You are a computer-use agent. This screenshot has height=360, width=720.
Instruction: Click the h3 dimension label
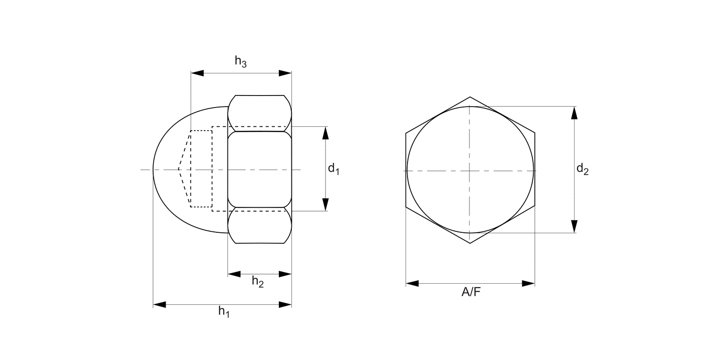click(x=240, y=61)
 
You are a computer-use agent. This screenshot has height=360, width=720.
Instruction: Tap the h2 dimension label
click(x=258, y=282)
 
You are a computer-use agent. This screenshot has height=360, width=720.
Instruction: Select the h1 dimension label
click(x=224, y=312)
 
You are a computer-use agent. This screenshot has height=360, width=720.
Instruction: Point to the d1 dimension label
click(x=334, y=169)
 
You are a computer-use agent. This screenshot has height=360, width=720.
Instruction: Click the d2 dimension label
click(x=582, y=169)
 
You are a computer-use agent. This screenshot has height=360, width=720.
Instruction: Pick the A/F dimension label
click(x=470, y=292)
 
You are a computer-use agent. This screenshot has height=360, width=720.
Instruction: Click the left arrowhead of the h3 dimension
click(x=197, y=73)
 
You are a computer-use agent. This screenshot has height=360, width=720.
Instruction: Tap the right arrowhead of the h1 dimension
click(x=286, y=304)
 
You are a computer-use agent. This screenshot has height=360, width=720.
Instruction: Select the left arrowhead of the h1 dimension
click(x=159, y=304)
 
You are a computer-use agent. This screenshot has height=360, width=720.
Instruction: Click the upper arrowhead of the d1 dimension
click(x=325, y=133)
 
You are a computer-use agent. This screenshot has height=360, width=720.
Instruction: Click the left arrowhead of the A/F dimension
click(x=412, y=284)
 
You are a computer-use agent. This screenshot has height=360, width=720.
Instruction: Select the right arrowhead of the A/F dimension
click(x=528, y=284)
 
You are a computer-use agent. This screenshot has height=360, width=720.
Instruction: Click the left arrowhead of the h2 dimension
click(x=234, y=274)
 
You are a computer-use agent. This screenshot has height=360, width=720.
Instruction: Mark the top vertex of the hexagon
click(x=470, y=97)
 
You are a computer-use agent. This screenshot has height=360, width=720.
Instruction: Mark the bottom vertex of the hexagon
click(x=470, y=243)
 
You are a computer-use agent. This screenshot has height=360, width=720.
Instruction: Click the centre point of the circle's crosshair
click(x=470, y=170)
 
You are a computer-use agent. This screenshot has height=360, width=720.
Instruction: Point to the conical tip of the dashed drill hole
click(x=179, y=169)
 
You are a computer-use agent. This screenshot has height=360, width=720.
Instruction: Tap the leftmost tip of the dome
click(x=153, y=169)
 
